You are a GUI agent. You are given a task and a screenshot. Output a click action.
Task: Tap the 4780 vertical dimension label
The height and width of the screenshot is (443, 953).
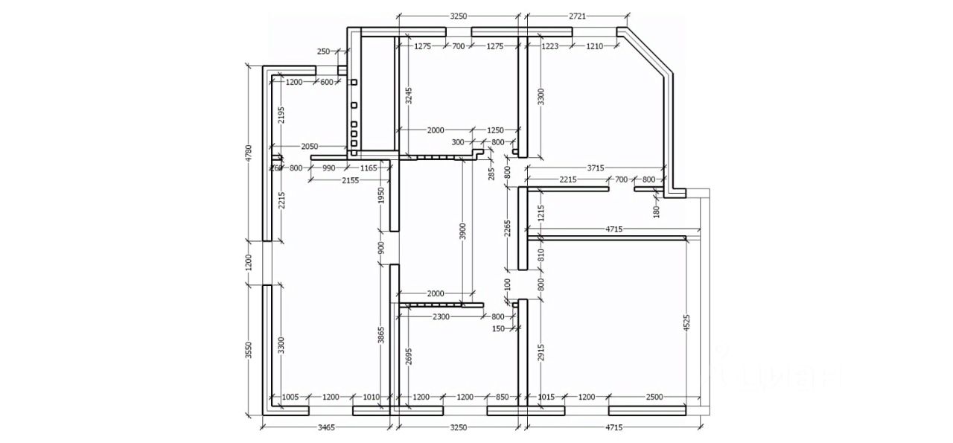[249, 153]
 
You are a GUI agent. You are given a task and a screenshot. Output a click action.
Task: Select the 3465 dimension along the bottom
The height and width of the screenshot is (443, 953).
[327, 427]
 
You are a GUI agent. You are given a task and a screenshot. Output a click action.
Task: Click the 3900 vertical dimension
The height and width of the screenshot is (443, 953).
[462, 231]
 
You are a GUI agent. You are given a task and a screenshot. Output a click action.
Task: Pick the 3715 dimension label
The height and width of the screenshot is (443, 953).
[596, 168]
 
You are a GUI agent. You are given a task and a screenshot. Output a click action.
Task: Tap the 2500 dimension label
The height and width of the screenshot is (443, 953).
[654, 398]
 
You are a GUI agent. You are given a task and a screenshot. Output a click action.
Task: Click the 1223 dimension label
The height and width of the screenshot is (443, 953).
[550, 46]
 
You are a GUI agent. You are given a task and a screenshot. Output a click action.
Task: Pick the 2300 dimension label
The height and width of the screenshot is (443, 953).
[440, 316]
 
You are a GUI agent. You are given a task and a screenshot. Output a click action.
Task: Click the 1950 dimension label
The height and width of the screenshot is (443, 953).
[380, 196]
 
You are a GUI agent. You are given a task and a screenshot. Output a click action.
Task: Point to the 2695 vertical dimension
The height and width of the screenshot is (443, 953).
[409, 360]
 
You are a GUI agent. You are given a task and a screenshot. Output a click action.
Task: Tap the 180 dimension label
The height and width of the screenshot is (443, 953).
[656, 211]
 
